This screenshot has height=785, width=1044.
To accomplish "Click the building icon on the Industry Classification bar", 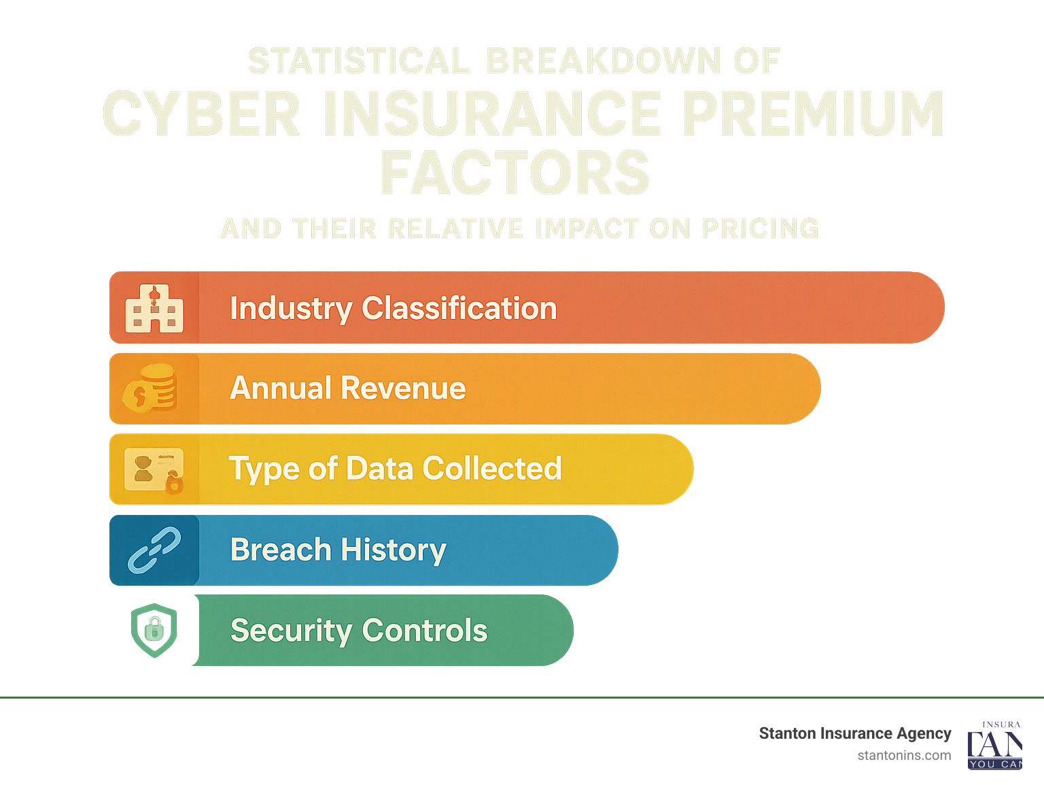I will [x=154, y=309].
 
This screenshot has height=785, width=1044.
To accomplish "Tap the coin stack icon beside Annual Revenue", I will [x=151, y=388].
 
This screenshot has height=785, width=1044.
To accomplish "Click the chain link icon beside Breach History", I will [x=154, y=550].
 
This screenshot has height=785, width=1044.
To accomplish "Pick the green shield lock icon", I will [x=154, y=630].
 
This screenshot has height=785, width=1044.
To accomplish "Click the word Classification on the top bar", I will [x=459, y=308].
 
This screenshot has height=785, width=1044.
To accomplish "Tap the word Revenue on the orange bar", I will [x=403, y=388].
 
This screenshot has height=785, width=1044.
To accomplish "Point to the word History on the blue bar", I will [x=393, y=550].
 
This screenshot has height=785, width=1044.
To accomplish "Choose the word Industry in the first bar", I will [x=291, y=308].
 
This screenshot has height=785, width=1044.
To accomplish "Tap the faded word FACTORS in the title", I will [x=515, y=173].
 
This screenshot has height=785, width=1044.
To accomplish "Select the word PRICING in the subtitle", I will [x=760, y=229].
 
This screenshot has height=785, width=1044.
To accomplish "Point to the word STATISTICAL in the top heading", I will [x=359, y=61].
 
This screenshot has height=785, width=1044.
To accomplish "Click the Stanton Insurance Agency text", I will [x=854, y=733].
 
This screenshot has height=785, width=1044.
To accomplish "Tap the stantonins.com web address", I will [x=904, y=755].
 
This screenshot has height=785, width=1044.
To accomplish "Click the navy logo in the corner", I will [x=994, y=746].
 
